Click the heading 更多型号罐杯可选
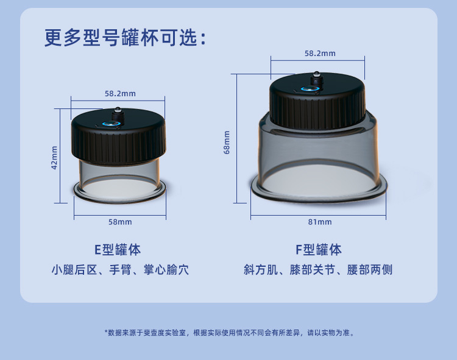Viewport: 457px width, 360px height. coord(125,37)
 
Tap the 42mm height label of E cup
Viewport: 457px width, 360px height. coord(54,157)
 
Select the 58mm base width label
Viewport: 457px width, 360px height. coord(120,222)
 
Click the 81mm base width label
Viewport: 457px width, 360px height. coord(321,222)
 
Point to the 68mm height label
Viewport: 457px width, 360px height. coord(227,142)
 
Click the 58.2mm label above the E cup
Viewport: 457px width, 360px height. coord(120,93)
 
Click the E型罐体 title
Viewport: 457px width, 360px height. coord(118,250)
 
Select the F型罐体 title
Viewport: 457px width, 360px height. coord(319,250)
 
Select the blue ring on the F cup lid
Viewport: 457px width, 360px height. coord(310,89)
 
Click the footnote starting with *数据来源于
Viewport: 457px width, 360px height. coord(230,333)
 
